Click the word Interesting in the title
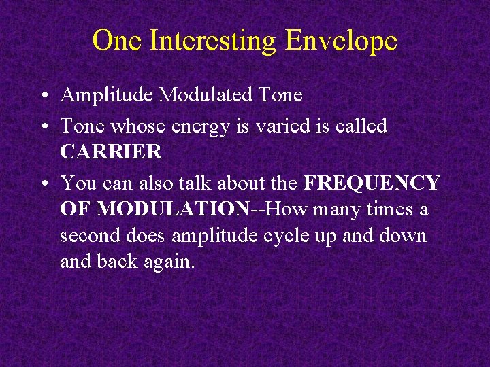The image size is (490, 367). [x=212, y=41]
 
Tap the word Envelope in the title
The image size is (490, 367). [x=341, y=41]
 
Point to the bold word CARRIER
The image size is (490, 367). [x=111, y=152]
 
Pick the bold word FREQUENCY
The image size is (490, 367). [x=372, y=183]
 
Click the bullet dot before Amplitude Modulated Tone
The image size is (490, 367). [x=44, y=96]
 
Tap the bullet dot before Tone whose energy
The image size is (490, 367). [x=44, y=126]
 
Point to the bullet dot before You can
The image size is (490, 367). [x=44, y=184]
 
